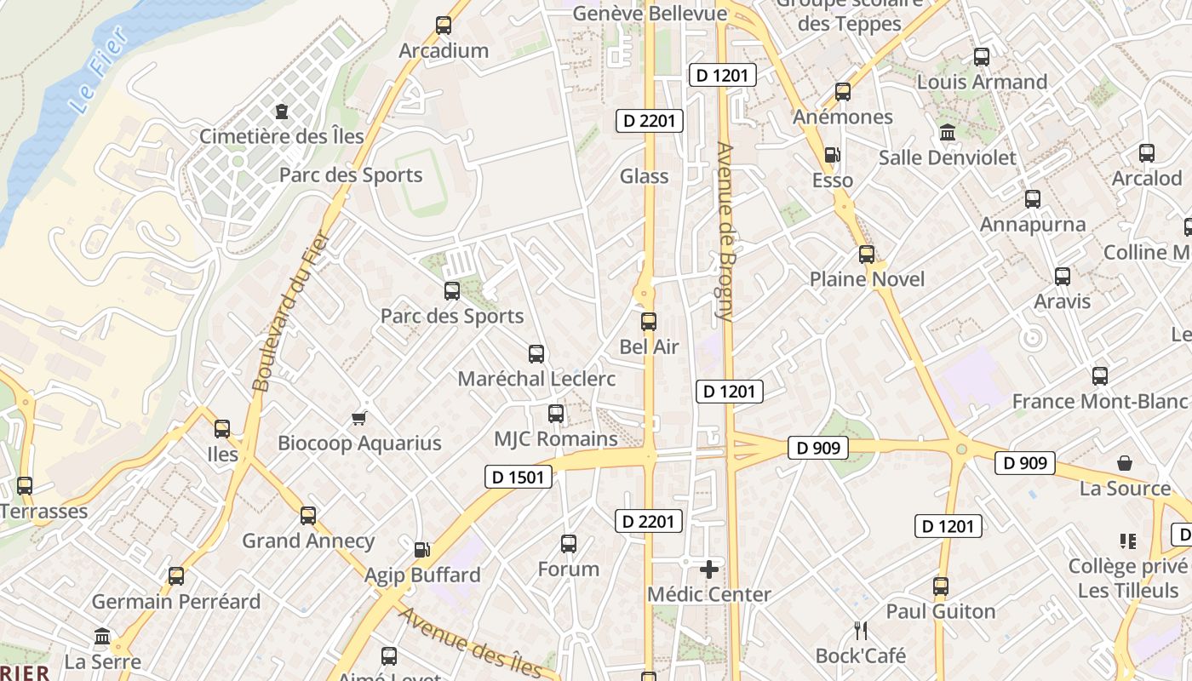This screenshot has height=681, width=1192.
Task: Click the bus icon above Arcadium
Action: [x=444, y=26]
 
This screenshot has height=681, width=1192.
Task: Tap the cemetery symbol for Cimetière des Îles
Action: [x=282, y=112]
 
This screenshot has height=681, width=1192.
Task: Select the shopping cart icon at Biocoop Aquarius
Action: [x=359, y=418]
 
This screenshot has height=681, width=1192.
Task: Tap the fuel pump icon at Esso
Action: [x=832, y=155]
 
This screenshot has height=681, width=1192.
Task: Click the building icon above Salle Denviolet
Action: [x=947, y=133]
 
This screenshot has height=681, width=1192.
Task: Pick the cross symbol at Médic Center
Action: [x=709, y=569]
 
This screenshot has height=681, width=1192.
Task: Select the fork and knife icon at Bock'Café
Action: [x=861, y=631]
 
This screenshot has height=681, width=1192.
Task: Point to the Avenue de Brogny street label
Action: [x=726, y=232]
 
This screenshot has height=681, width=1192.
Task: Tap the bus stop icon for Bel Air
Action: [x=649, y=322]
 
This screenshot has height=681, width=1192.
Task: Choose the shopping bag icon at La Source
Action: [x=1125, y=463]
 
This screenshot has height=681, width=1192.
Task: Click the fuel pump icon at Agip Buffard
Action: [x=422, y=550]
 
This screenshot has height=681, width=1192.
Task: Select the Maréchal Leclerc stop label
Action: [x=536, y=379]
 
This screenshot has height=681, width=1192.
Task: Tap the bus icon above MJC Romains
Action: [x=556, y=414]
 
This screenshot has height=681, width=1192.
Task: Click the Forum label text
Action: [x=569, y=569]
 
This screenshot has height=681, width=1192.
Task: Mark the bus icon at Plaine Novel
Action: [x=867, y=255]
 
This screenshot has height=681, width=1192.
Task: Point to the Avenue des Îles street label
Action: [x=470, y=643]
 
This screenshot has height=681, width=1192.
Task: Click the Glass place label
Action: [x=644, y=176]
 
